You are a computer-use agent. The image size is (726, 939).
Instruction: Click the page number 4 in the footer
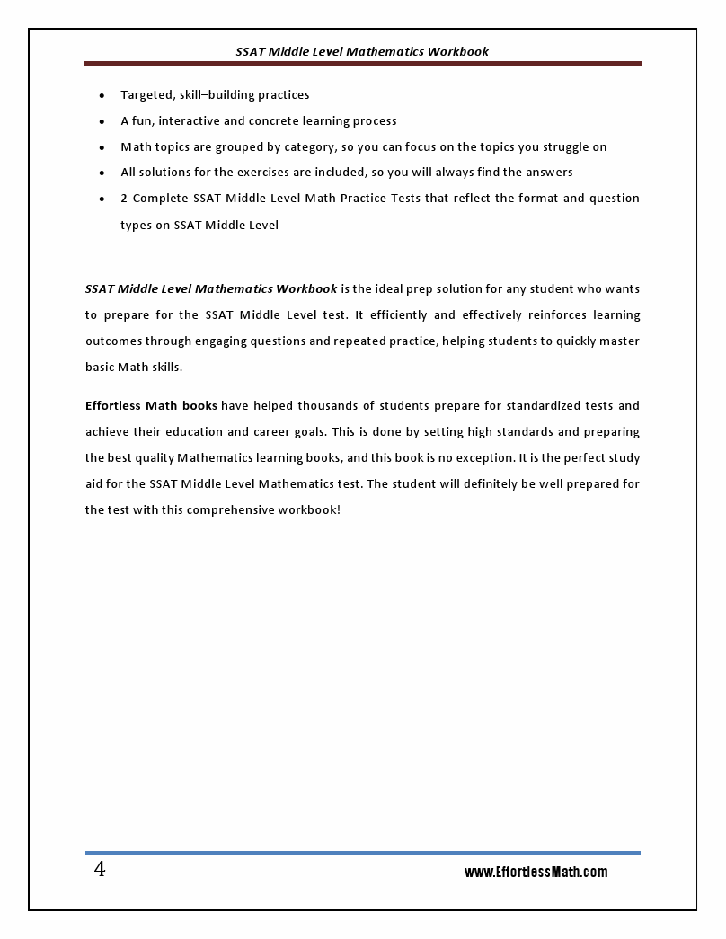[100, 870]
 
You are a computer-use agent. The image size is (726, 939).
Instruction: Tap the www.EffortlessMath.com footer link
[536, 872]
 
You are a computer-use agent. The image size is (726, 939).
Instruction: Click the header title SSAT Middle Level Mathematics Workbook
[362, 51]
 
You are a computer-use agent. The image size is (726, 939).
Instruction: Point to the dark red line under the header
[362, 64]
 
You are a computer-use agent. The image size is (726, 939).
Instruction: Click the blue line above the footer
[362, 852]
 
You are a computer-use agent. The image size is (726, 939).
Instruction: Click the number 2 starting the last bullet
[124, 198]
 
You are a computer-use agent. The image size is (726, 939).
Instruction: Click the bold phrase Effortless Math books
[151, 405]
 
